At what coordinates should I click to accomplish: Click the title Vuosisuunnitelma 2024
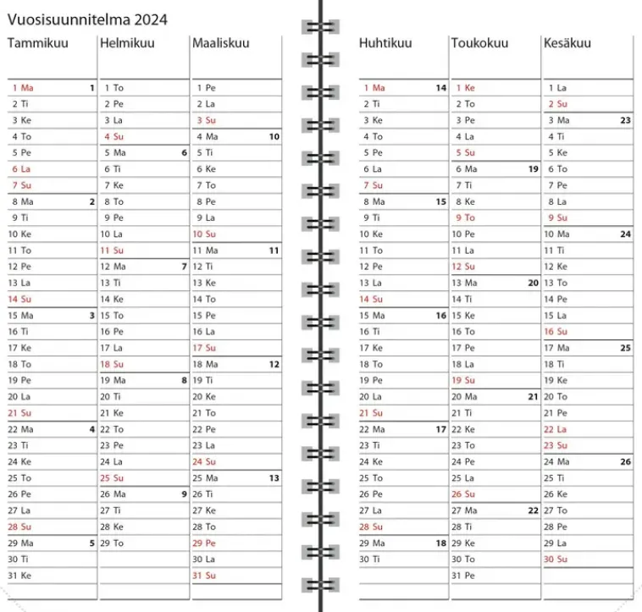coord(87,19)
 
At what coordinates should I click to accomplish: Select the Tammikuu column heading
coord(38,43)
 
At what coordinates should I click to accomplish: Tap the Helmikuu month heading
coord(127,43)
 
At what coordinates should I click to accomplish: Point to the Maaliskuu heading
coord(221,43)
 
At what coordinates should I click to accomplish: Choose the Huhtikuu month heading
coord(385,43)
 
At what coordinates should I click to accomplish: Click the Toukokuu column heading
coord(479,43)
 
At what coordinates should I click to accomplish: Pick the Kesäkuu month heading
coord(567,43)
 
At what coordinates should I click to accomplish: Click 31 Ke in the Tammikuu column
coord(20,576)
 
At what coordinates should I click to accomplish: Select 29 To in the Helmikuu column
coord(112,543)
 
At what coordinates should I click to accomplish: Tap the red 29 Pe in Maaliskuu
coord(204,543)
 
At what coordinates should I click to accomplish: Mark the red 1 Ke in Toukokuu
coord(465,87)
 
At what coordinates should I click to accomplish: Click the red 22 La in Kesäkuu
coord(556,429)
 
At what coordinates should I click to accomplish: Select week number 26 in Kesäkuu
coord(625,461)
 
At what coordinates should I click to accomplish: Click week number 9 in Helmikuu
coord(184,494)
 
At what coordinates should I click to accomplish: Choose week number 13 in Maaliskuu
coord(274,478)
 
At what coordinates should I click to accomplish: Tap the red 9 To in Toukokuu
coord(465,218)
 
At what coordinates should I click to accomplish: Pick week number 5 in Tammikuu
coord(91,543)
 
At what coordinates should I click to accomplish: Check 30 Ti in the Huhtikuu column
coord(371,559)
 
